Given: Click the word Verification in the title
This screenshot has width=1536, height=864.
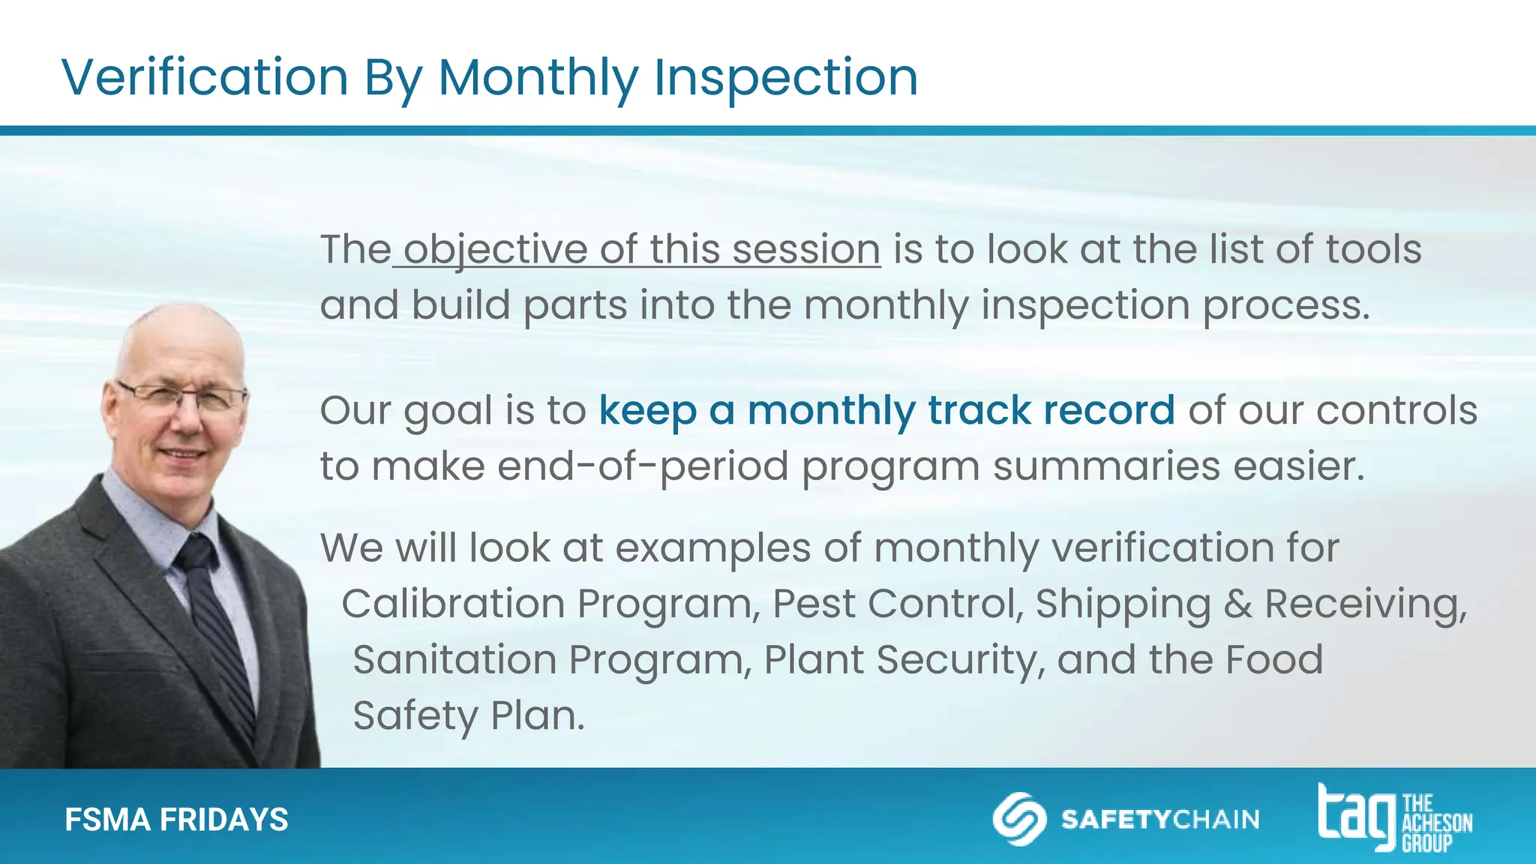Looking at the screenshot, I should click(205, 77).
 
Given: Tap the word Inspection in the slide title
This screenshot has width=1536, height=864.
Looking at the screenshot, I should click(785, 77).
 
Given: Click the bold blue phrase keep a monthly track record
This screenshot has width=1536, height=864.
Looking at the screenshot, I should click(886, 410).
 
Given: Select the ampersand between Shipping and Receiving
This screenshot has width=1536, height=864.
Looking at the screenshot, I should click(1237, 604).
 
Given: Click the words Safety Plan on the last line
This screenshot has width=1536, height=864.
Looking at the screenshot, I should click(468, 715).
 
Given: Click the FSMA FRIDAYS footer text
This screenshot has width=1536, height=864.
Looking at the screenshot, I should click(176, 820).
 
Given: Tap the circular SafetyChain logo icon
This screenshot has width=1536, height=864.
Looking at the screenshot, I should click(1019, 818).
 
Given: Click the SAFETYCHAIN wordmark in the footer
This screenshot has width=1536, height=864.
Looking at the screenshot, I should click(1160, 819).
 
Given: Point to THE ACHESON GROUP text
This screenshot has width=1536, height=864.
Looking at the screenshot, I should click(1436, 823).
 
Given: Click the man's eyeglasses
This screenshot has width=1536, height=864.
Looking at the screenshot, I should click(182, 397).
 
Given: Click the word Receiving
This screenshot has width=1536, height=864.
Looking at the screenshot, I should click(1365, 604).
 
